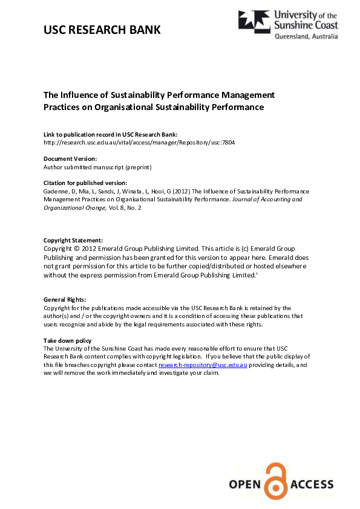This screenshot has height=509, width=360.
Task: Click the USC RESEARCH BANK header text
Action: click(x=102, y=29)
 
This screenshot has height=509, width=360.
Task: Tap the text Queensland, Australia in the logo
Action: click(x=307, y=36)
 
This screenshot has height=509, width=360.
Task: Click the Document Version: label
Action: click(x=70, y=158)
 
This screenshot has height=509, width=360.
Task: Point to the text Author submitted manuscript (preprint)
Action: click(x=97, y=166)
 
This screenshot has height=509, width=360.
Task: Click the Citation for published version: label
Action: click(x=85, y=183)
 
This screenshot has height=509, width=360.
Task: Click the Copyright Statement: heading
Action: click(x=73, y=240)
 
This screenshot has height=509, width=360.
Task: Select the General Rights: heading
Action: click(x=65, y=299)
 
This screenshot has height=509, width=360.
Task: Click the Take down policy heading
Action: click(x=67, y=341)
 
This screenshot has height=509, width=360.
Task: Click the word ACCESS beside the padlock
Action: click(x=312, y=484)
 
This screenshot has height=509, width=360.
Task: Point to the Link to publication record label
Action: click(x=110, y=134)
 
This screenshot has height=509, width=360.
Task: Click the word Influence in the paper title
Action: click(x=82, y=95)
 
